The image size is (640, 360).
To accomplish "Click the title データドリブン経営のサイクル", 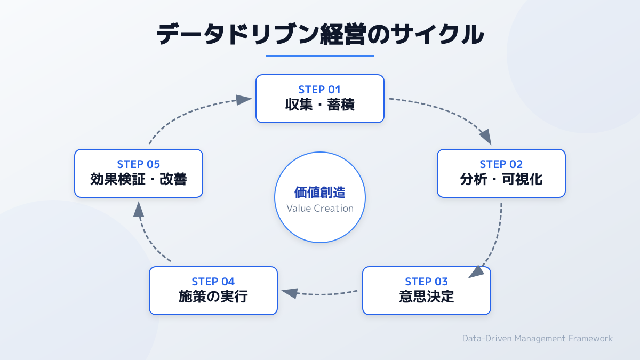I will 320,35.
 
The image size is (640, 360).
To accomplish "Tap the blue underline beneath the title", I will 320,55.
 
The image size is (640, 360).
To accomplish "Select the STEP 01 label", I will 320,90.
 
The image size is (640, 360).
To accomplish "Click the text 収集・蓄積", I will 320,105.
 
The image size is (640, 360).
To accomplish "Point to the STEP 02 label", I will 501,164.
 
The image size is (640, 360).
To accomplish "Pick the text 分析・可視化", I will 501,179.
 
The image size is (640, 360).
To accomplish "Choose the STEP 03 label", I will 427,282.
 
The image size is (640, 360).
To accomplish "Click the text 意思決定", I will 427,297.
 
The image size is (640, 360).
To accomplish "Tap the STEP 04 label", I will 213,282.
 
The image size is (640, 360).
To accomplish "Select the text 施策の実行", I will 213,297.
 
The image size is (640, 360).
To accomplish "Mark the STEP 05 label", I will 139,164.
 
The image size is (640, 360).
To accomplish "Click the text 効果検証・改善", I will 139,179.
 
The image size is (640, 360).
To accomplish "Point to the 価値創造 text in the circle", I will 320,193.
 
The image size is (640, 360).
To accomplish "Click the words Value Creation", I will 320,209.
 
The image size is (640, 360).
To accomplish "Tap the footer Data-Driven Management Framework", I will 538,338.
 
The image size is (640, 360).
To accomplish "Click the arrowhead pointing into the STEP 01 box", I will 244,100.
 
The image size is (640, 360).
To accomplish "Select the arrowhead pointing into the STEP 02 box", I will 485,137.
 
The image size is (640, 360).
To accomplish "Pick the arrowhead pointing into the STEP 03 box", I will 477,271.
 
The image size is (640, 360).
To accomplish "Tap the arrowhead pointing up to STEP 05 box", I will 139,210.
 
